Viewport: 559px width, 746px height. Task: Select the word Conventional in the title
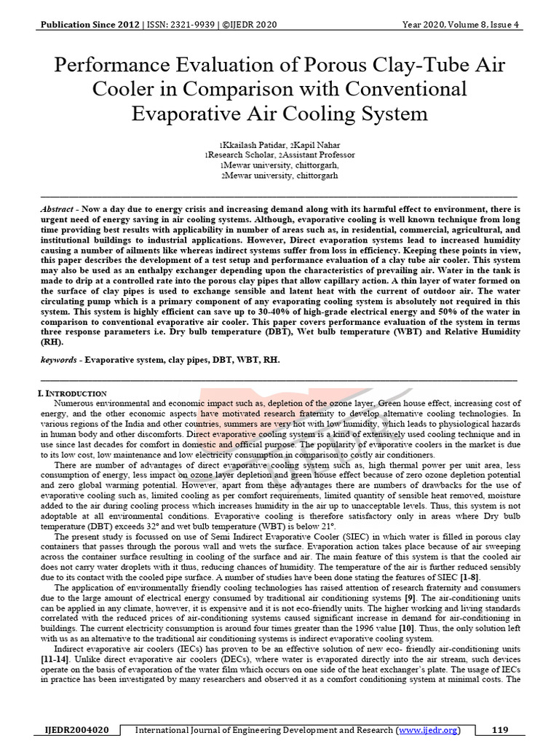coord(401,90)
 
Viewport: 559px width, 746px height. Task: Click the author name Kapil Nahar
coord(309,145)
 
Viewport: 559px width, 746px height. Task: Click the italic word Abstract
coord(57,208)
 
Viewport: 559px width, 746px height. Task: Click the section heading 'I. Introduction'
coord(73,393)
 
